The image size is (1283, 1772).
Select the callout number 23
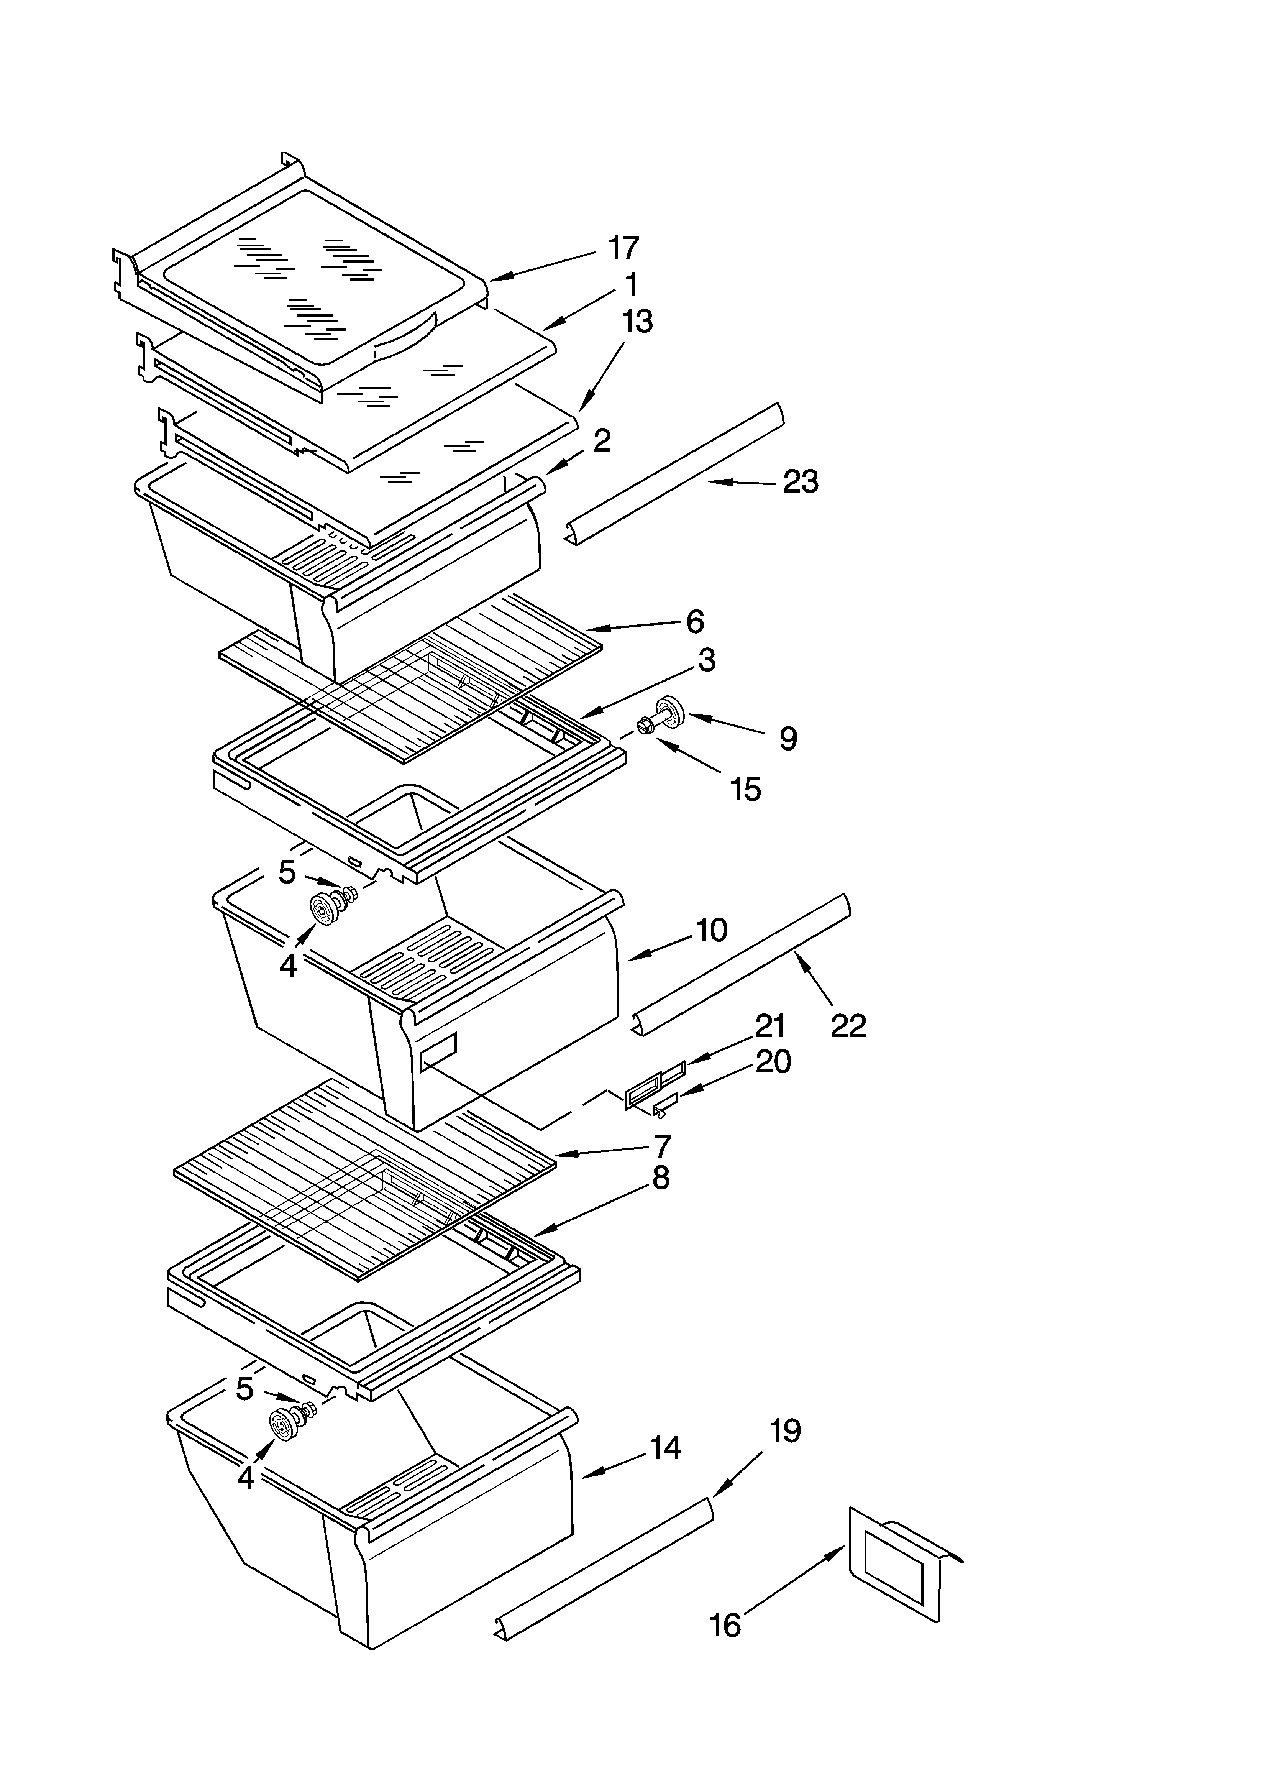801,482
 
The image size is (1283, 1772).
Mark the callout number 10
711,930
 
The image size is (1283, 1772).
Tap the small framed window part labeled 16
899,1563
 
